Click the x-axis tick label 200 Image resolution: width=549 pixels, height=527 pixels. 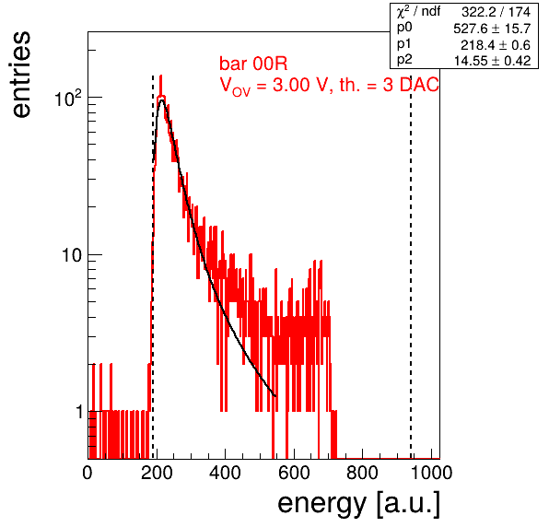[157, 473]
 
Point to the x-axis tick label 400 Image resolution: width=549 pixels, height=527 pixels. [225, 473]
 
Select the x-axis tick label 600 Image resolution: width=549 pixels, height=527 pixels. [294, 473]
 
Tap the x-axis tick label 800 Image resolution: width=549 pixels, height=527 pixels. [362, 473]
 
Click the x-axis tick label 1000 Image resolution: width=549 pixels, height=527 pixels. [431, 473]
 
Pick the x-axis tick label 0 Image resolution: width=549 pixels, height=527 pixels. [88, 473]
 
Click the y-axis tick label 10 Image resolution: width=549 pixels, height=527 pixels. [72, 255]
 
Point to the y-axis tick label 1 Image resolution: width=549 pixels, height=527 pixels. [79, 412]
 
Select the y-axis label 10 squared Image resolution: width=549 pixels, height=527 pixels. [68, 98]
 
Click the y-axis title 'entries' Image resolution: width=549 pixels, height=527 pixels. [21, 75]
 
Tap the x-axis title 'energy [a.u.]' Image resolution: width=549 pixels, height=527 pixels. [359, 504]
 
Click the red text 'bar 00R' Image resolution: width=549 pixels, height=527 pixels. [253, 64]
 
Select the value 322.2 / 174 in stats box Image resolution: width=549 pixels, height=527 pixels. [496, 12]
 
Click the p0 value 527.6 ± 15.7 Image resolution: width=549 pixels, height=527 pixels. [492, 29]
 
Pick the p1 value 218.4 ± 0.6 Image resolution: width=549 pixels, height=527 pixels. [496, 45]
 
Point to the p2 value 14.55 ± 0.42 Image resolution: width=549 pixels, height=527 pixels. [492, 61]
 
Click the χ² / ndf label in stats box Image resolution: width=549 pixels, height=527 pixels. [418, 12]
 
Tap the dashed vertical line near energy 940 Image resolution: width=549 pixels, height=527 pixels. [411, 267]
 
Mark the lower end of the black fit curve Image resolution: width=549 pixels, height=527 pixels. [276, 396]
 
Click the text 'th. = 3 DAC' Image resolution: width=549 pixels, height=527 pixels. [390, 85]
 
